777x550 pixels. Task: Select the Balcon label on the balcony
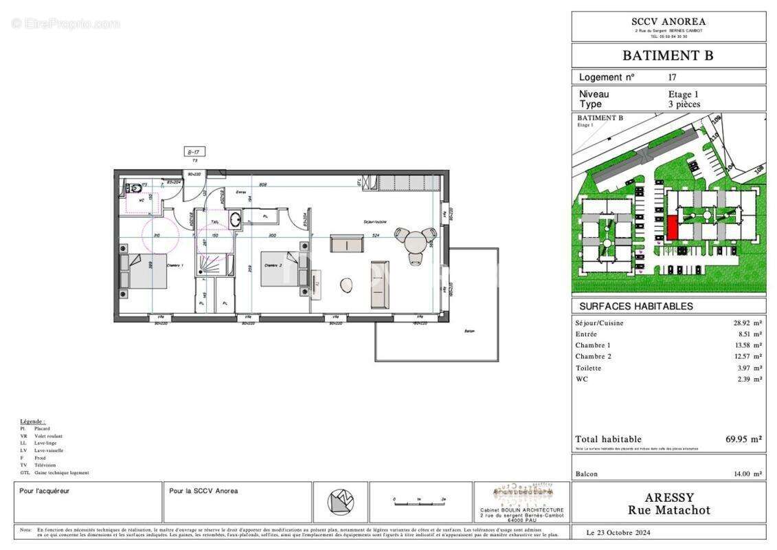[469, 331]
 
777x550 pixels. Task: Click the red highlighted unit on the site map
[671, 228]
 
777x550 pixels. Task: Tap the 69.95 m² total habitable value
[743, 439]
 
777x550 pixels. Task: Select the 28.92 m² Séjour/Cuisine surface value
[747, 322]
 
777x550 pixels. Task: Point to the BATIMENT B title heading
[668, 56]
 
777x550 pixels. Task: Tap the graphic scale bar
[419, 503]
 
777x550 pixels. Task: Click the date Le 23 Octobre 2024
[618, 533]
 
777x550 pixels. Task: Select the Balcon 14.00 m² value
[747, 474]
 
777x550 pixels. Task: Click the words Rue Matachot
[668, 510]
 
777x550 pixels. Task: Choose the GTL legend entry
[55, 472]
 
